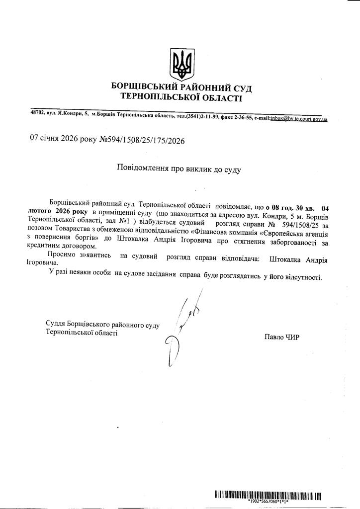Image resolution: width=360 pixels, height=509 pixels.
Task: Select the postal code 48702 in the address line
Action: pyautogui.click(x=37, y=113)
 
